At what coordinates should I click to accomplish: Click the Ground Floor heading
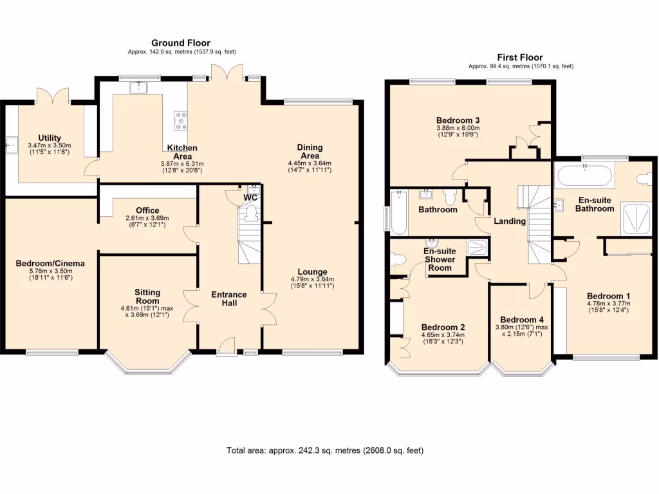click(181, 43)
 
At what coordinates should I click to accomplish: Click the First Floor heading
click(520, 57)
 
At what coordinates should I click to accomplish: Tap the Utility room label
click(50, 138)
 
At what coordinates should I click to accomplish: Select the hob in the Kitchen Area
click(181, 121)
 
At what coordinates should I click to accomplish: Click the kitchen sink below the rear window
click(138, 87)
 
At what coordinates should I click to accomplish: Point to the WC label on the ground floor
click(250, 198)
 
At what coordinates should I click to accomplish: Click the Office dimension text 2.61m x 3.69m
click(147, 218)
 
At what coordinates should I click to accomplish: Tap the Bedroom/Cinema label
click(50, 263)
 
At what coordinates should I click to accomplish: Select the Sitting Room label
click(147, 297)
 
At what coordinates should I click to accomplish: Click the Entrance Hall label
click(229, 298)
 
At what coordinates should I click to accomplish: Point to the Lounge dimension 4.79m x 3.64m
click(312, 279)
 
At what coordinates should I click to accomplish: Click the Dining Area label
click(310, 151)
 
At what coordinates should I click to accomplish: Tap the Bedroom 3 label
click(458, 120)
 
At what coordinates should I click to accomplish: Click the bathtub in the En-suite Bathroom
click(584, 175)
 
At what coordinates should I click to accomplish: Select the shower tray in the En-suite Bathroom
click(636, 219)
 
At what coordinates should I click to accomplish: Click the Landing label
click(510, 221)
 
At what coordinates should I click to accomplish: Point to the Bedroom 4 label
click(521, 320)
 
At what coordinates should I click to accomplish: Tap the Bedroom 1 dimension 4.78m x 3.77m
click(609, 304)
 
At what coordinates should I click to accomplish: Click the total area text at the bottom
click(325, 450)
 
